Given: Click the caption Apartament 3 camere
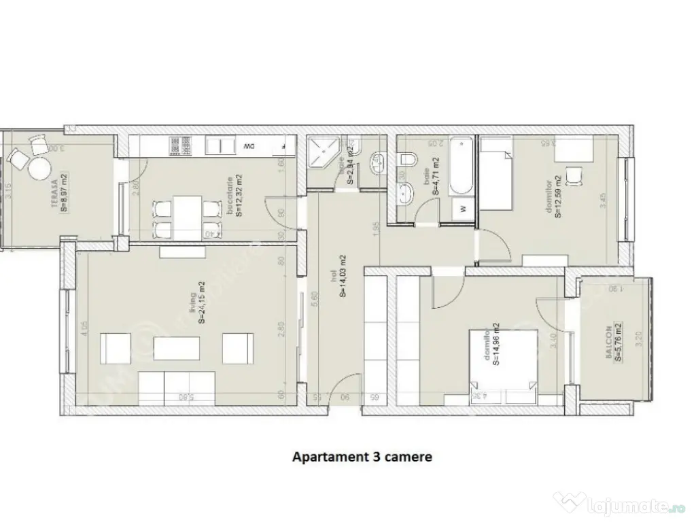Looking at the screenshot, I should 362,457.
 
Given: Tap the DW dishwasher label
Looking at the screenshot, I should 249,146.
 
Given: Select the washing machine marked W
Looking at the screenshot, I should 464,209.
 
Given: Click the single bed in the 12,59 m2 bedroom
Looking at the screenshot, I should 496,173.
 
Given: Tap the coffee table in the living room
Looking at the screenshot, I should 176,349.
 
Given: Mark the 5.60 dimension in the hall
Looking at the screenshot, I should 314,300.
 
